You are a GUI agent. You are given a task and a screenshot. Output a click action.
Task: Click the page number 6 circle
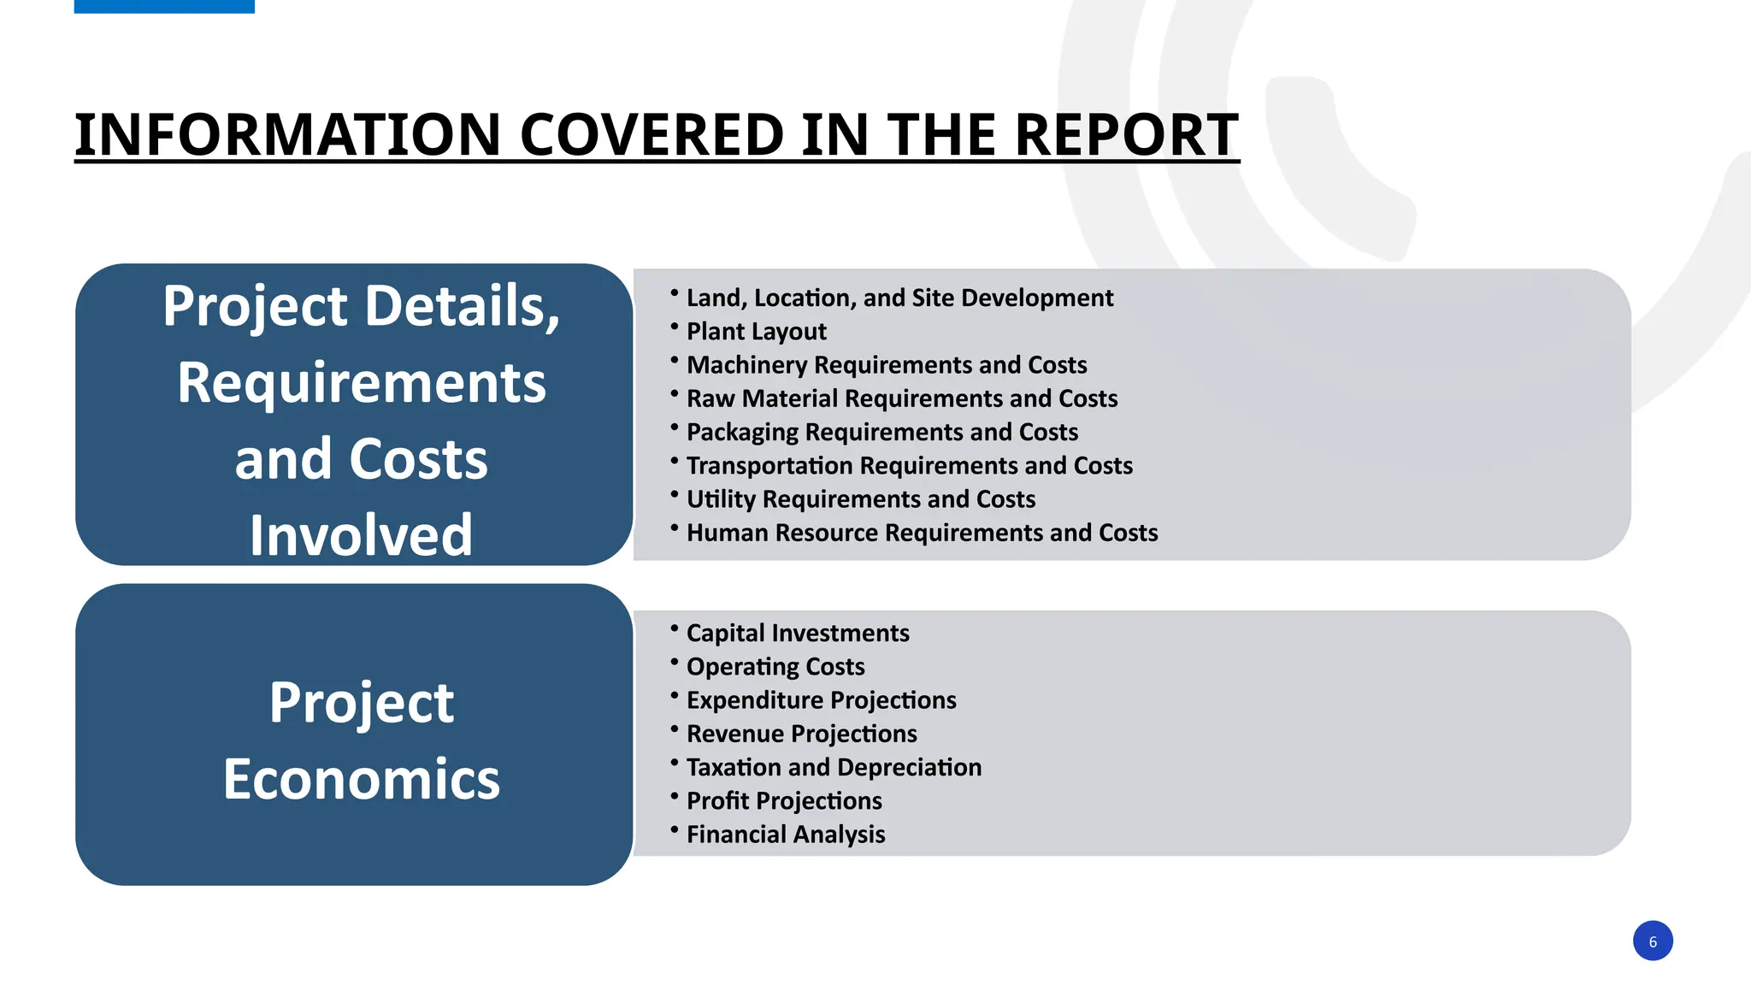click(x=1652, y=941)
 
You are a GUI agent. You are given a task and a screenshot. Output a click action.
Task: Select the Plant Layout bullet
click(x=756, y=332)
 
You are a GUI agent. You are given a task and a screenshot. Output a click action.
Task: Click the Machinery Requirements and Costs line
click(x=886, y=365)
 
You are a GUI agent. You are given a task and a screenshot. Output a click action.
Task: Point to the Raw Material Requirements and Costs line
click(x=901, y=398)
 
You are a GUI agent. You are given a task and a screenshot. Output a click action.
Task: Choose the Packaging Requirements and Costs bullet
click(x=881, y=432)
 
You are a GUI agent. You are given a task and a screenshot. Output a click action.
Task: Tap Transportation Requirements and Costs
click(x=909, y=466)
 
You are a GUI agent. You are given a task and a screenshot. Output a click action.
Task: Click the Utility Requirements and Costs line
click(x=860, y=499)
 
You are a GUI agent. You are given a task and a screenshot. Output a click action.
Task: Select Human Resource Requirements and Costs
click(x=922, y=533)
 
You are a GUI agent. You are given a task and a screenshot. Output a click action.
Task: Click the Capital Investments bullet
click(x=797, y=634)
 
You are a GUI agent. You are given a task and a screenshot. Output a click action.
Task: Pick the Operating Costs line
click(x=775, y=667)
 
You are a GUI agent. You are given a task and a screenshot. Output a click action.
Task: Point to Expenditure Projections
click(x=821, y=700)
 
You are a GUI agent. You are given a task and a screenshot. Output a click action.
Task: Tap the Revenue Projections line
click(x=801, y=734)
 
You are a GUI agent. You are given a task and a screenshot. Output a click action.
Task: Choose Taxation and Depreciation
click(x=834, y=768)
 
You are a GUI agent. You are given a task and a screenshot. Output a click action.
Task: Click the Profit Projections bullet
click(x=783, y=801)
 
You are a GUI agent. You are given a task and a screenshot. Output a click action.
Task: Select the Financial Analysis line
click(x=785, y=835)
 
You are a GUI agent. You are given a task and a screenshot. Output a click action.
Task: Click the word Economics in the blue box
click(x=361, y=779)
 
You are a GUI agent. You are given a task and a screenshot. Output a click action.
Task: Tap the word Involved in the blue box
click(x=361, y=535)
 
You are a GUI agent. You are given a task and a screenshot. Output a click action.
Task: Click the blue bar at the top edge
click(x=164, y=6)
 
